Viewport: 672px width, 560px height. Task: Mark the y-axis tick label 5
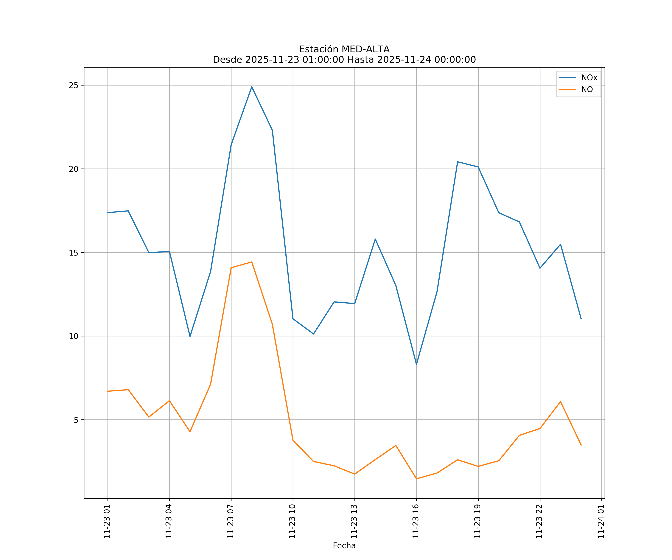(x=76, y=420)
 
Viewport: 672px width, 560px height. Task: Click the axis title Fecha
(x=344, y=546)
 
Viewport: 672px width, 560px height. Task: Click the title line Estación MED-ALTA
(x=344, y=49)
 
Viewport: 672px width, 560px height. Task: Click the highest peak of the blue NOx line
(x=252, y=87)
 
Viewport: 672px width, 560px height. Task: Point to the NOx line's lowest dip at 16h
(x=416, y=364)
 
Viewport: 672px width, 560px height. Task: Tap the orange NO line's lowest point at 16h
(x=416, y=479)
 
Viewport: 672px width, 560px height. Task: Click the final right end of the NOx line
(x=581, y=319)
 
